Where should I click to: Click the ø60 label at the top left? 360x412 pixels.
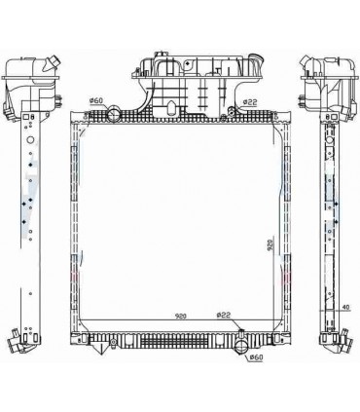pyautogui.click(x=96, y=101)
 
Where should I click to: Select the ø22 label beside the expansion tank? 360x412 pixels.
pyautogui.click(x=250, y=102)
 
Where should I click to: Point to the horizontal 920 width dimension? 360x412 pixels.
pyautogui.click(x=181, y=316)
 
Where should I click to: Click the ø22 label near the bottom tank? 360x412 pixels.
pyautogui.click(x=224, y=315)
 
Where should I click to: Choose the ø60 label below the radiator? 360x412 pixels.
pyautogui.click(x=256, y=357)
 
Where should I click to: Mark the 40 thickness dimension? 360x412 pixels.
pyautogui.click(x=346, y=307)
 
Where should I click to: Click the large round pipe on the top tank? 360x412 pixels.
pyautogui.click(x=114, y=114)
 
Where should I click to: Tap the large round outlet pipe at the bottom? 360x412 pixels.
pyautogui.click(x=241, y=347)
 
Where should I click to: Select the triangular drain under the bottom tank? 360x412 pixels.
pyautogui.click(x=99, y=348)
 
